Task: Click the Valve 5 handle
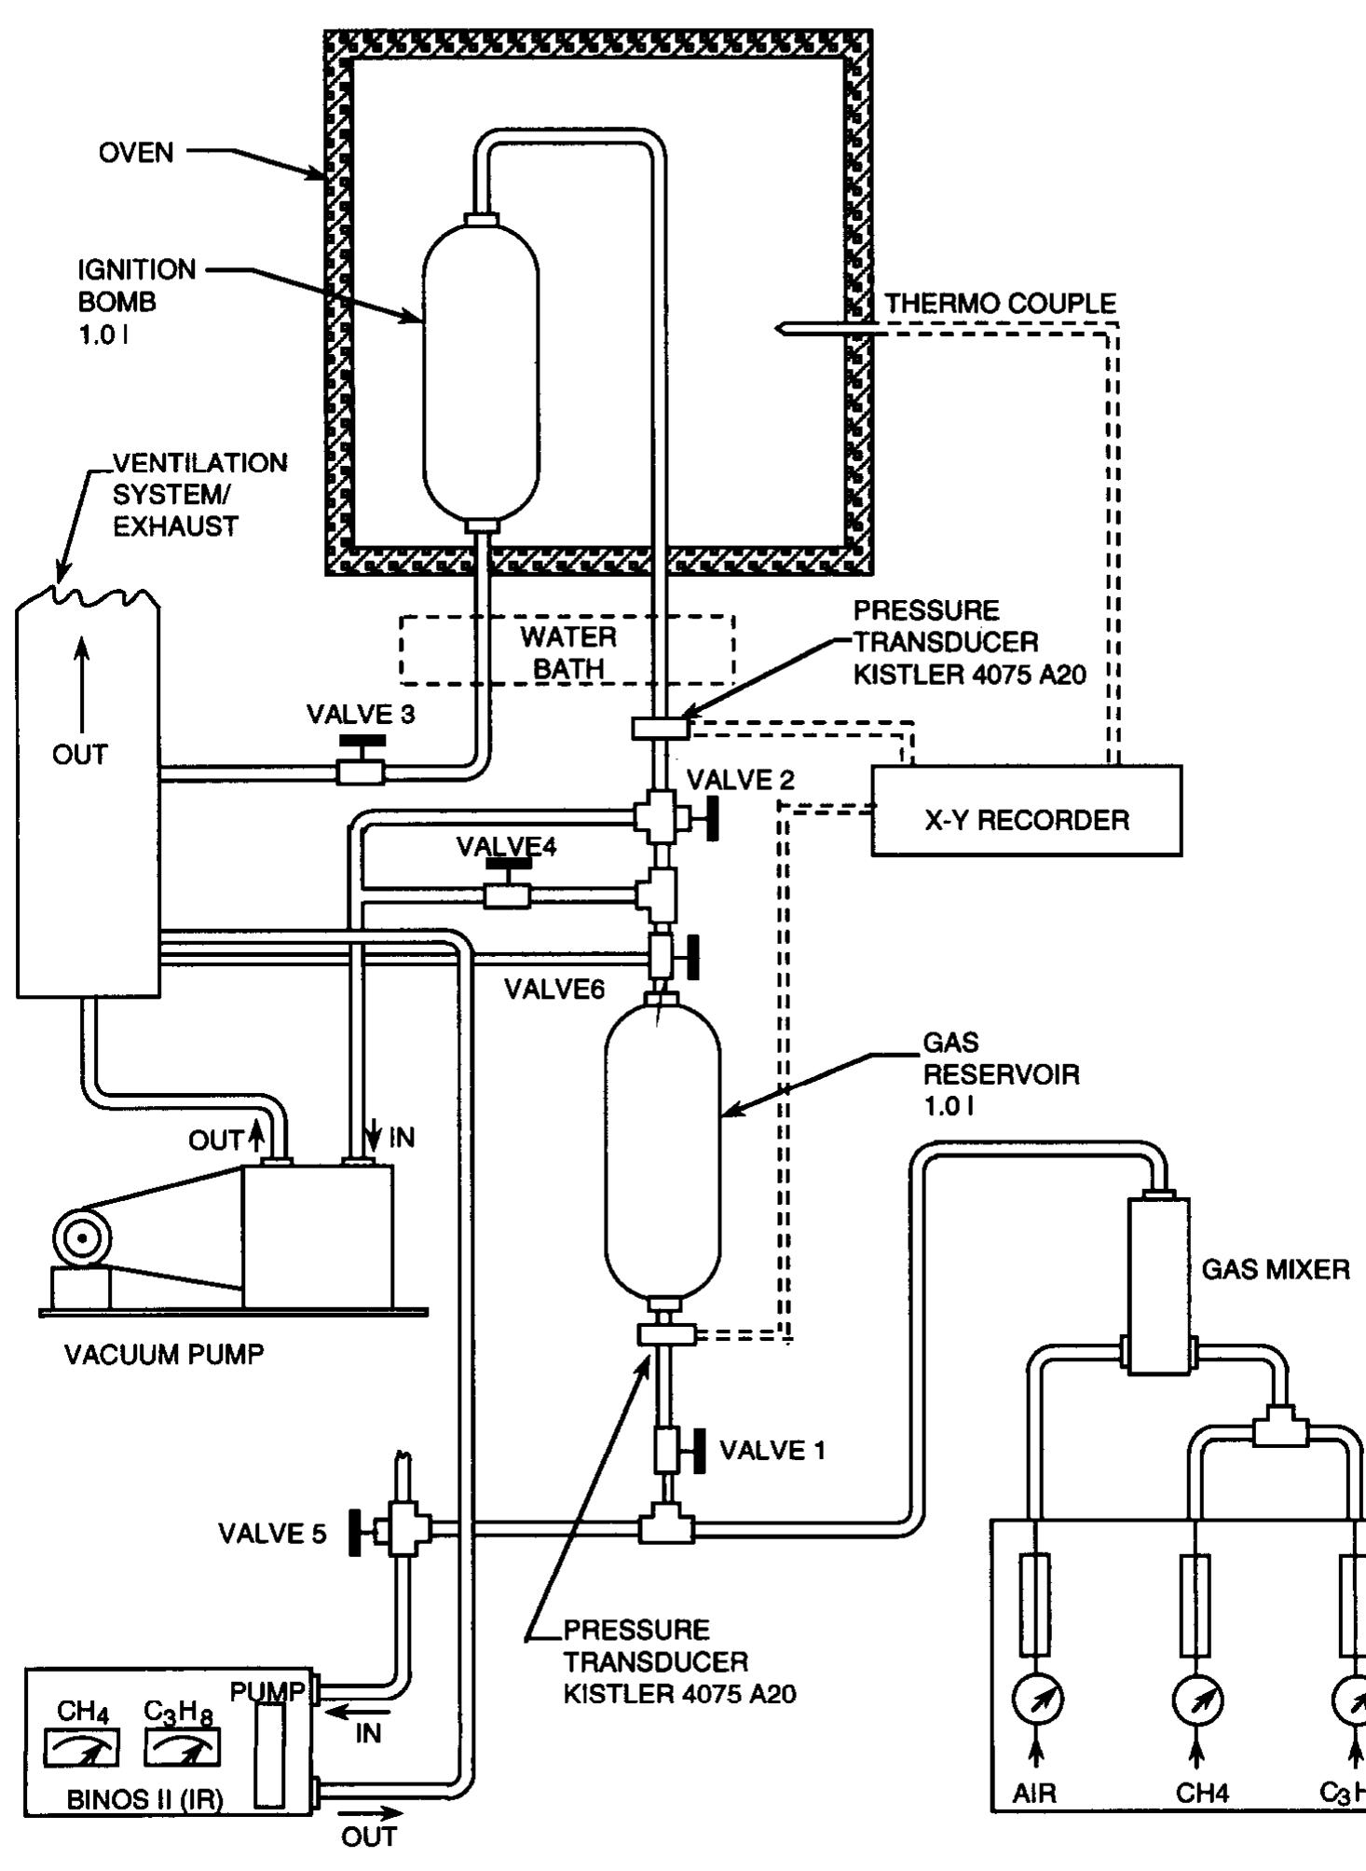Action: pyautogui.click(x=356, y=1533)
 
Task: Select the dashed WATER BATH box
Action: pyautogui.click(x=567, y=651)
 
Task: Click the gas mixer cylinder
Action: pyautogui.click(x=1158, y=1286)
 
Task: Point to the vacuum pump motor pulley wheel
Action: pyautogui.click(x=82, y=1238)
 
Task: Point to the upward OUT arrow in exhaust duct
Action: pyautogui.click(x=83, y=685)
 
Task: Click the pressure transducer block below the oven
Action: pyautogui.click(x=660, y=728)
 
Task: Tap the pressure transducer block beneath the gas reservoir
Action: pyautogui.click(x=665, y=1334)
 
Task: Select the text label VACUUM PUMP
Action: pyautogui.click(x=164, y=1354)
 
